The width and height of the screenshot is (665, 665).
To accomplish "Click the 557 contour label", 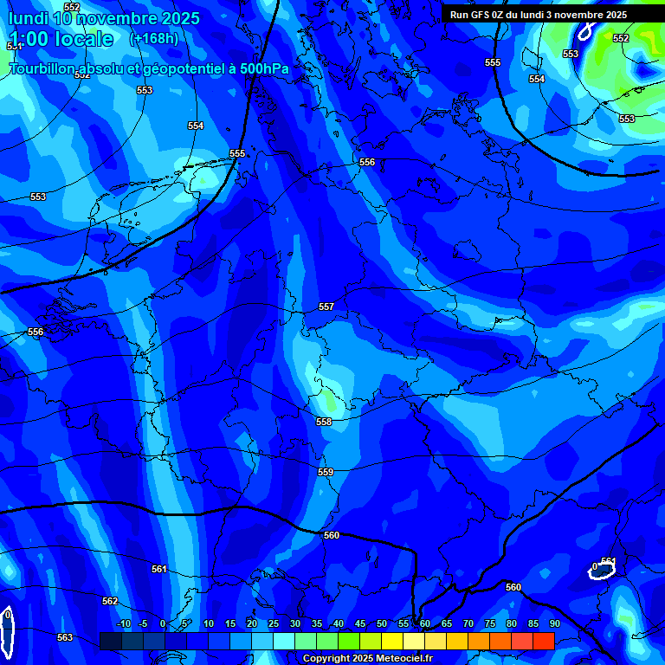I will pos(326,307).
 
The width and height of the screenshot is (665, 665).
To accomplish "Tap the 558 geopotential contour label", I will pos(324,422).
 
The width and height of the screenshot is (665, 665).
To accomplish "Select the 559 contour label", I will pos(326,472).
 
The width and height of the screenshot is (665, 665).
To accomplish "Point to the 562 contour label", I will pos(110,601).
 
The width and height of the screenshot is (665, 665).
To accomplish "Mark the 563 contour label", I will pos(65,638).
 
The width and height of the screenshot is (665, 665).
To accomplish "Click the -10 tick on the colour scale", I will pos(123,624).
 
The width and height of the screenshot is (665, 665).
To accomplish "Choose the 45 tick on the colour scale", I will pos(360,624).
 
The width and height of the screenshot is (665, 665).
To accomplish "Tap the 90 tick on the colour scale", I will pos(554,624).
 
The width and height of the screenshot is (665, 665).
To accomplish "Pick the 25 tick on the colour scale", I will pos(274,624).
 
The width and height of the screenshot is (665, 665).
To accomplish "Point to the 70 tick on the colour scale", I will pos(468,624).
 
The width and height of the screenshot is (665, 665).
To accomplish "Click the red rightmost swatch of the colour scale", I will pos(544,641).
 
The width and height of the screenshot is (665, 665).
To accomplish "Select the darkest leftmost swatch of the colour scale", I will pos(111,641).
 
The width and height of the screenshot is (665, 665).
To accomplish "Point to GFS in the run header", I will pos(480,15).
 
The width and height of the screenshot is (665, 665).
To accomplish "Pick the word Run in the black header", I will pos(459,15).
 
